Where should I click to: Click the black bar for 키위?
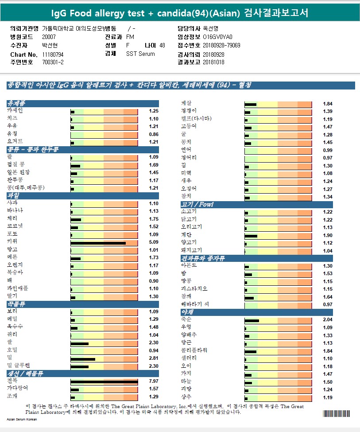[98, 242]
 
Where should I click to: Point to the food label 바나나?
[15, 211]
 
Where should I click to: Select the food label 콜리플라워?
[194, 350]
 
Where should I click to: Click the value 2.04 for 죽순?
[328, 319]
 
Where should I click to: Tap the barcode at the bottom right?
[336, 414]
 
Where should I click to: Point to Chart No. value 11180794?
[53, 54]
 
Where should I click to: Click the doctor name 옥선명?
[211, 28]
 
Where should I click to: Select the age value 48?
[162, 45]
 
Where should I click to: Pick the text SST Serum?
[140, 54]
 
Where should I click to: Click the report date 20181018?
[213, 62]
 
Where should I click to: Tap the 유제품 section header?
[16, 103]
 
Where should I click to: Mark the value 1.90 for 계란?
[328, 235]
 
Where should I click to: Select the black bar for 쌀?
[80, 343]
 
